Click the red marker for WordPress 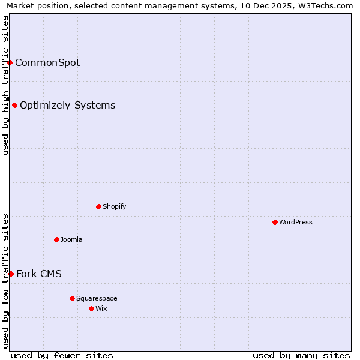275,222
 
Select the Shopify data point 98,206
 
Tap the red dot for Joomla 56,239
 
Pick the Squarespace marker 72,298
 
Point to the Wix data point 91,308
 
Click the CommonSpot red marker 10,62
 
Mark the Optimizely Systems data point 14,106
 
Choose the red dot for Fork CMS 11,274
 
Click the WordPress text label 296,222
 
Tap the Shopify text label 114,206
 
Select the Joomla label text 71,239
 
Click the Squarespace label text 97,298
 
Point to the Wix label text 101,308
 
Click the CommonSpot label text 47,62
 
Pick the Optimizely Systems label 67,106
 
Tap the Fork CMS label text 38,274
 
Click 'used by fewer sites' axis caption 62,355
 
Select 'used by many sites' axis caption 301,355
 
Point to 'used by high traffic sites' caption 5,85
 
